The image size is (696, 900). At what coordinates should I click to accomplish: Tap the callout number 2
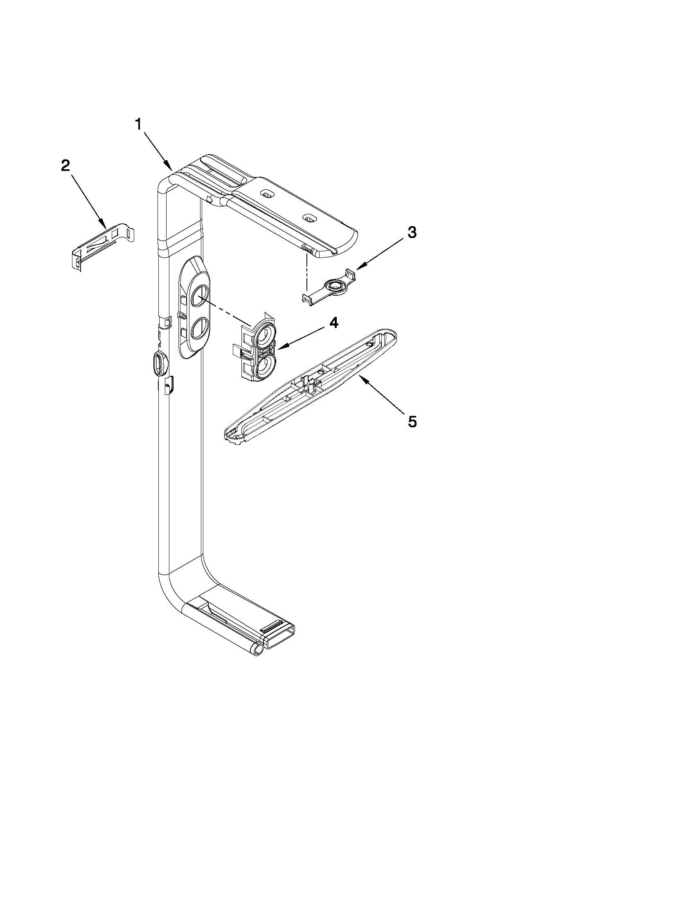[65, 166]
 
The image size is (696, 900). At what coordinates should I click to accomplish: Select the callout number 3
[412, 232]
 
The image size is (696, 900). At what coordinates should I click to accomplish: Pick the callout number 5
[412, 422]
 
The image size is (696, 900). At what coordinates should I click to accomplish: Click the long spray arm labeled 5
[309, 387]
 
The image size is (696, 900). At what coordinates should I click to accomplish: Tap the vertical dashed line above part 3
[307, 272]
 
